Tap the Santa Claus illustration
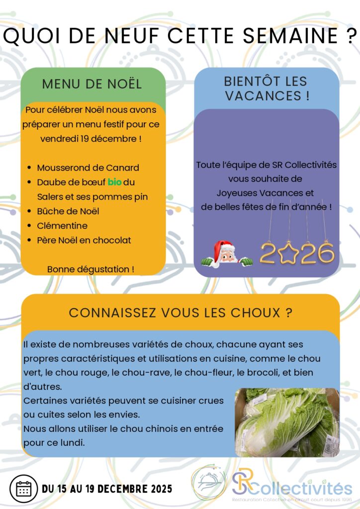(x=227, y=254)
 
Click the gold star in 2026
(x=288, y=253)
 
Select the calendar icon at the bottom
(x=23, y=489)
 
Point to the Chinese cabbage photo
(x=287, y=423)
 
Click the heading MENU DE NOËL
(x=92, y=84)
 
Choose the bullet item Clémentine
(x=62, y=226)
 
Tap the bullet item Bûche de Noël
(x=68, y=211)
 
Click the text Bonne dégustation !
(x=90, y=269)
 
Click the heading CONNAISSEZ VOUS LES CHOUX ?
(x=180, y=313)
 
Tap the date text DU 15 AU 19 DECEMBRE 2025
(x=107, y=489)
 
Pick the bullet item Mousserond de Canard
(x=88, y=168)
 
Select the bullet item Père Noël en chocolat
(x=84, y=240)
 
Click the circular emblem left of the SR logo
(x=209, y=482)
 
